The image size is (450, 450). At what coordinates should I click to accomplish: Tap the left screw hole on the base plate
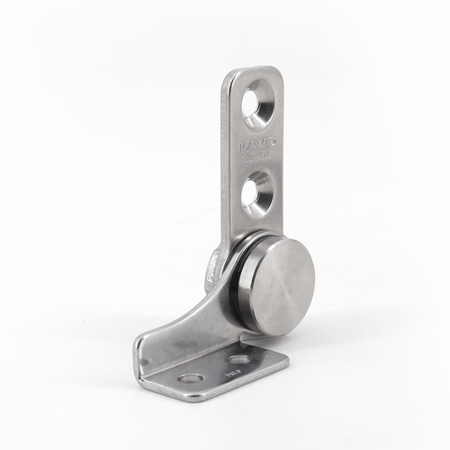[x=190, y=376]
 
